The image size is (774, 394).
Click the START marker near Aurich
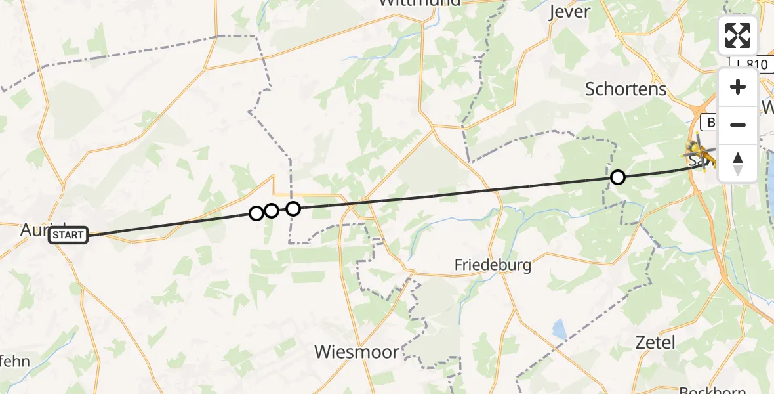point(68,235)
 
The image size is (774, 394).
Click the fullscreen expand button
point(738,35)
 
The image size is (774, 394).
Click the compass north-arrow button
point(738,164)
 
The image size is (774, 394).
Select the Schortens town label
point(625,89)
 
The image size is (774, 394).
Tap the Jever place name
point(569,11)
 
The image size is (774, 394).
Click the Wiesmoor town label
point(356,352)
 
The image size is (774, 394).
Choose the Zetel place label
point(655,341)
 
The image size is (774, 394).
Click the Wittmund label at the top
point(420,3)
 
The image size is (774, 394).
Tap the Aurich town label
point(33,229)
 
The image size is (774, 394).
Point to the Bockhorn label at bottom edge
point(711,390)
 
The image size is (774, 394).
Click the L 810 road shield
point(748,64)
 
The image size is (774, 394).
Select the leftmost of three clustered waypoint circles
point(256,213)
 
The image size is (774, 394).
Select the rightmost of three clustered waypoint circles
point(293,209)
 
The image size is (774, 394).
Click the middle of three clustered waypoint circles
point(272,211)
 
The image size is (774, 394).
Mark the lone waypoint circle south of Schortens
point(617,177)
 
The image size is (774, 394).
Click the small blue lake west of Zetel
point(560,329)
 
